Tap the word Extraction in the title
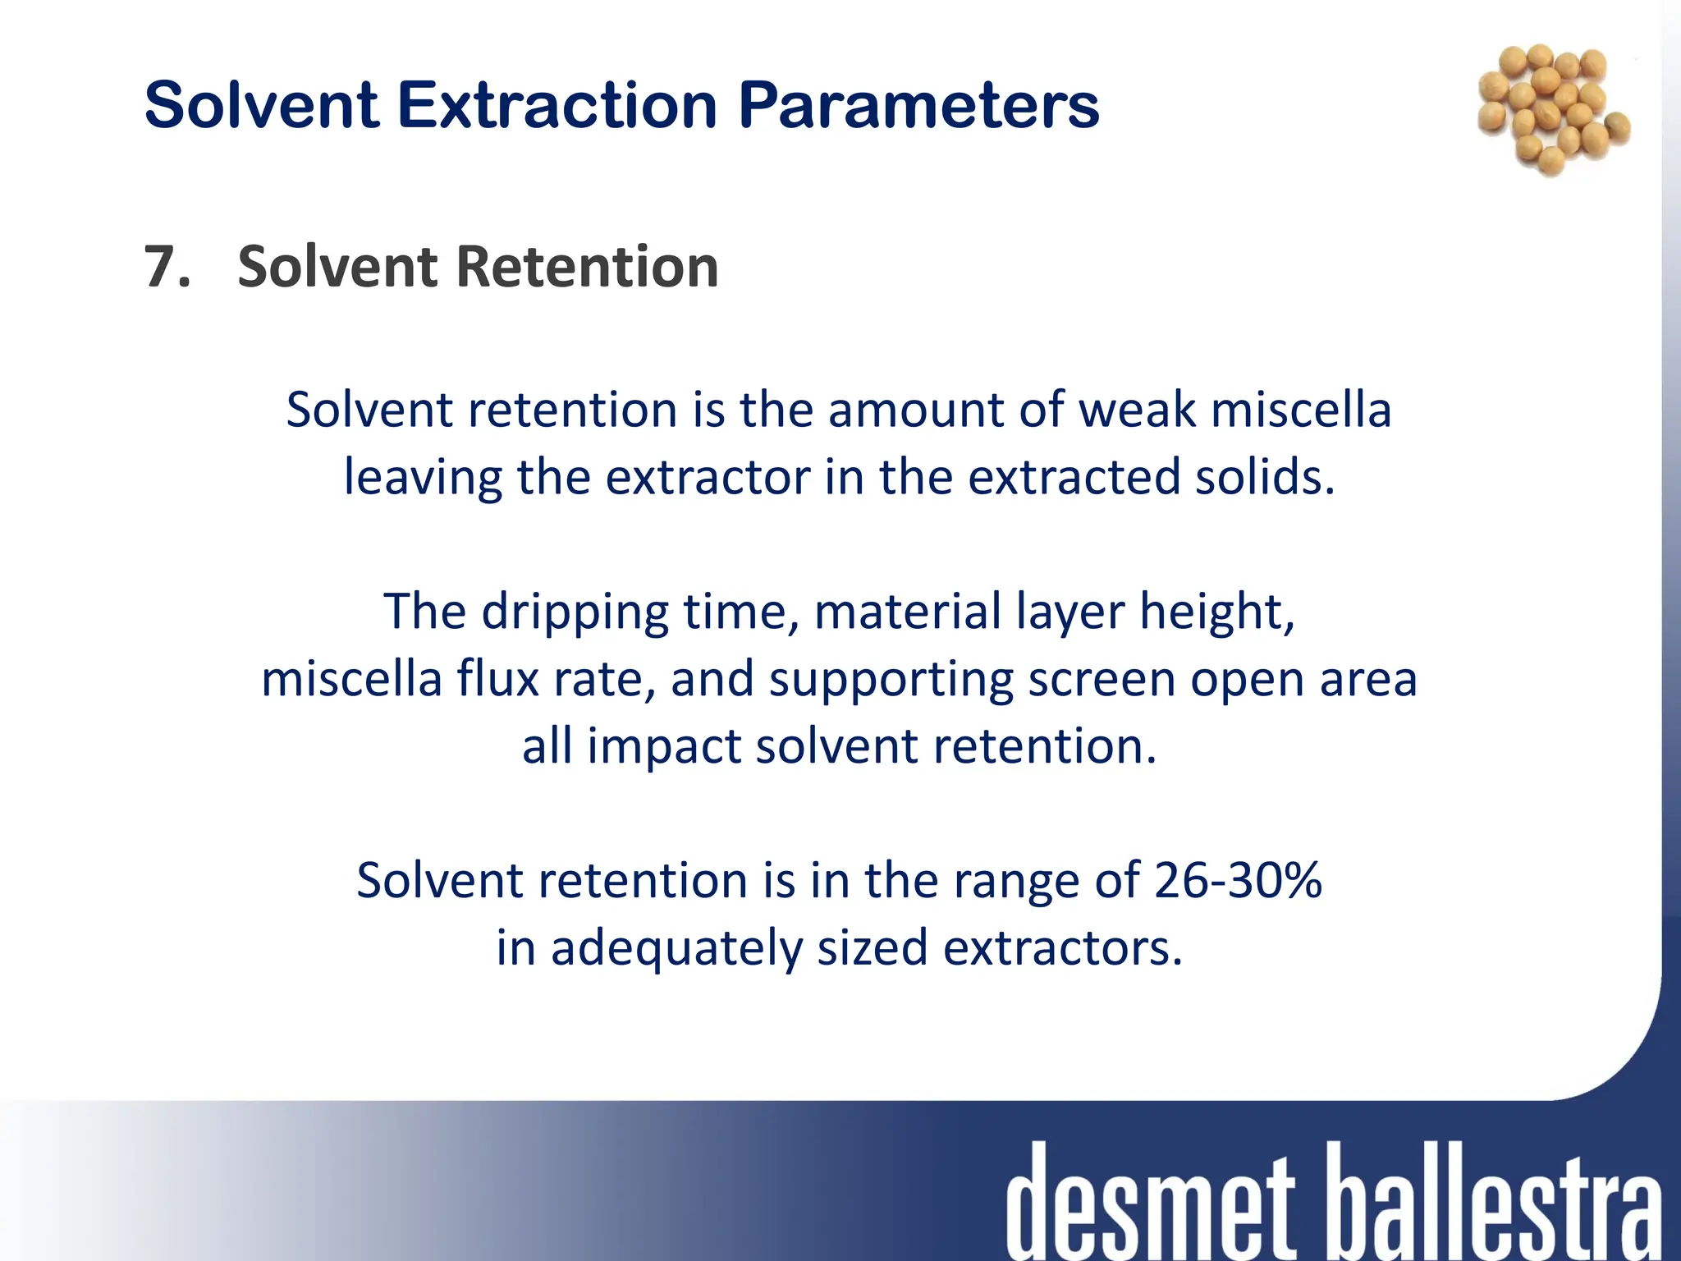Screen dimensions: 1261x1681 point(558,107)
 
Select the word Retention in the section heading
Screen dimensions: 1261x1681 point(587,268)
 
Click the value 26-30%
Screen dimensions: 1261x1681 point(1238,881)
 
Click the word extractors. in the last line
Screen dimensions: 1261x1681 point(1063,948)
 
